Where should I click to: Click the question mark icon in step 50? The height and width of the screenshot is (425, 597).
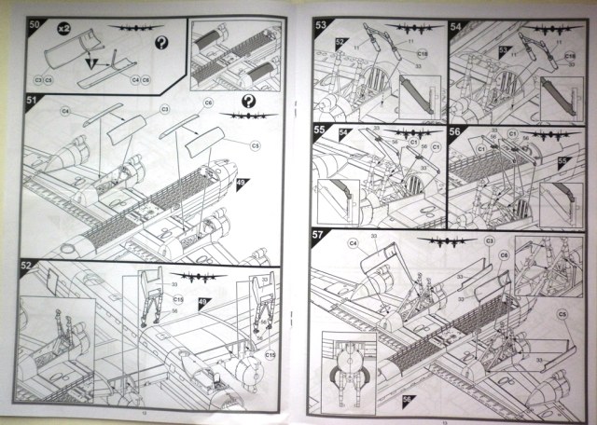point(161,43)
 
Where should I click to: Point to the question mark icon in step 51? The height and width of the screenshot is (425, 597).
point(249,101)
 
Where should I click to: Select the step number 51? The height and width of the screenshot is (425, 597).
point(31,100)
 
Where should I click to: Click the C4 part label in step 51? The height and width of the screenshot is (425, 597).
point(66,111)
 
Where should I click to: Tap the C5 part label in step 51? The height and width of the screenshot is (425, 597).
point(255,145)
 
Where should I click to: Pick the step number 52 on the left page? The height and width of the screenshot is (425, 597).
point(30,265)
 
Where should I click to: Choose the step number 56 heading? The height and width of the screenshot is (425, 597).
point(456,130)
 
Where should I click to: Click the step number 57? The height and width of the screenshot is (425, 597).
point(320,235)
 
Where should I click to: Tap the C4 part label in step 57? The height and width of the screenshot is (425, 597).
point(354,243)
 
